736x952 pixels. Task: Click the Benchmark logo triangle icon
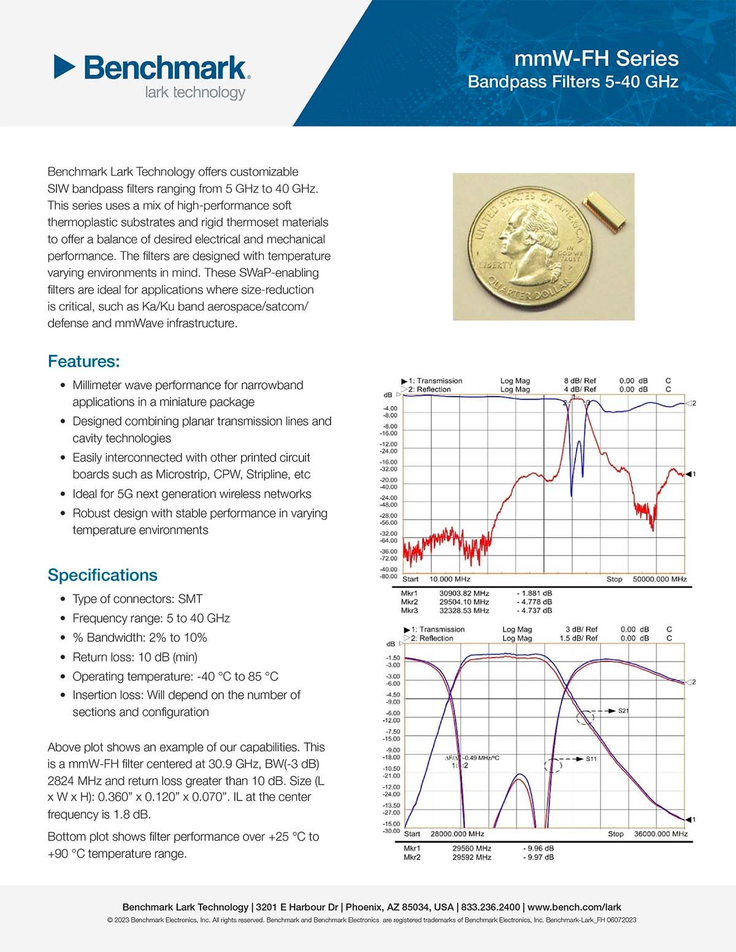(x=64, y=66)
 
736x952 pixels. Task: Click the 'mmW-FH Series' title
(x=596, y=58)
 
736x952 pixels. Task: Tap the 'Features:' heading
(x=83, y=361)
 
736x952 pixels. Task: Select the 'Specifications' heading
(x=102, y=575)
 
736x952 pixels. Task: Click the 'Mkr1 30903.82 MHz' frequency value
(x=464, y=593)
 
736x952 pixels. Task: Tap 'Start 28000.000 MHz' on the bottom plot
(x=444, y=834)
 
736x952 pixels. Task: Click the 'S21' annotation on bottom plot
(x=623, y=711)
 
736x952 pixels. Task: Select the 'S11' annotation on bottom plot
(x=591, y=759)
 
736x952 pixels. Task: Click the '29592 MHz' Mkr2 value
(x=472, y=857)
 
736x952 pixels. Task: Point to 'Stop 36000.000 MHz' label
(x=648, y=834)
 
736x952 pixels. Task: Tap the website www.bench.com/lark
(x=574, y=907)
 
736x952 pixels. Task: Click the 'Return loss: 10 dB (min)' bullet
(x=135, y=657)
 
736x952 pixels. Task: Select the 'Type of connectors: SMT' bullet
(x=137, y=599)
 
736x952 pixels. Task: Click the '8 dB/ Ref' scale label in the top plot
(x=580, y=381)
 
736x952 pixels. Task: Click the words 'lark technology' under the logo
(x=195, y=93)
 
